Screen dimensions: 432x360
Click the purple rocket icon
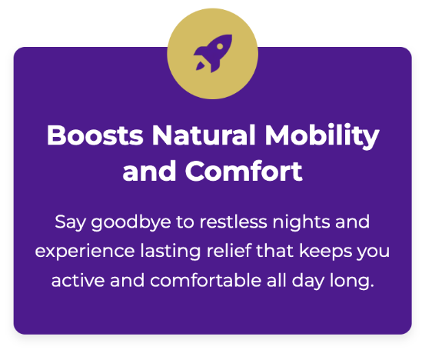(x=213, y=54)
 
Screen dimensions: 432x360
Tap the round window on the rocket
(x=220, y=47)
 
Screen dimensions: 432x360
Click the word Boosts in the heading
(x=95, y=135)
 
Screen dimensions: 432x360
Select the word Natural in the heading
(x=204, y=135)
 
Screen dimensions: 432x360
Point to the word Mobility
(x=322, y=136)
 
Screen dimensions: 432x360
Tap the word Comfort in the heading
(x=244, y=171)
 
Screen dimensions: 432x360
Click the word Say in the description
(x=70, y=223)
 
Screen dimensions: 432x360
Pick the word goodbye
(x=131, y=223)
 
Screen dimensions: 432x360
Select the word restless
(x=234, y=222)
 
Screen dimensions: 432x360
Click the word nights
(x=301, y=223)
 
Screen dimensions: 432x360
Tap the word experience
(x=85, y=252)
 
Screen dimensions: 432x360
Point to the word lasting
(x=171, y=252)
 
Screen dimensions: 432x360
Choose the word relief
(x=229, y=251)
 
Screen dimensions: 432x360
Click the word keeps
(x=326, y=252)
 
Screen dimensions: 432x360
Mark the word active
(x=78, y=280)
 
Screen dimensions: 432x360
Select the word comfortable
(x=205, y=280)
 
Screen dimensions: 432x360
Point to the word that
(x=274, y=251)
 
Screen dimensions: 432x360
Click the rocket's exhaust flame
(x=201, y=66)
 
